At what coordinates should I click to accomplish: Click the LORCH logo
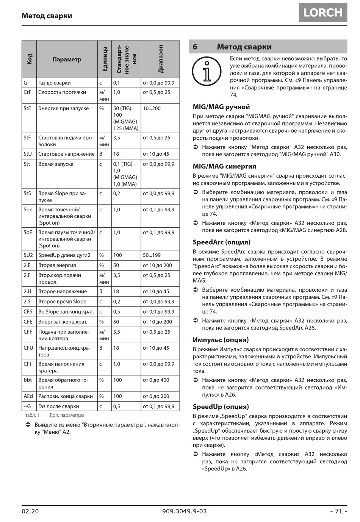point(323,13)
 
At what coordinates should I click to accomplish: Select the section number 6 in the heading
point(195,47)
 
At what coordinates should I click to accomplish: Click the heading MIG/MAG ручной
point(221,107)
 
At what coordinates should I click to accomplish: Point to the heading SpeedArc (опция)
point(221,242)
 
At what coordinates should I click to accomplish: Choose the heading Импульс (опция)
point(221,340)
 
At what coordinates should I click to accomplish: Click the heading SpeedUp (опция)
point(221,406)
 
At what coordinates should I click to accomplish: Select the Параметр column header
point(67,59)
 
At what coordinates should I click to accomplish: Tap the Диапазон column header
point(160,59)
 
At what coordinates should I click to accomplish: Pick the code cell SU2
point(28,255)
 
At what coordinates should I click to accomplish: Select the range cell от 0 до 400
point(156,380)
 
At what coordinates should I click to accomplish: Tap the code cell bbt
point(28,380)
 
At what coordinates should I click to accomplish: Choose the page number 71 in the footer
point(338,511)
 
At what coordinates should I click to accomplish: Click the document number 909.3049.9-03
point(184,511)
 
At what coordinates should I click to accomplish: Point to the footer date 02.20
point(30,511)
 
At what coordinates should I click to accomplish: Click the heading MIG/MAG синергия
point(224,166)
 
